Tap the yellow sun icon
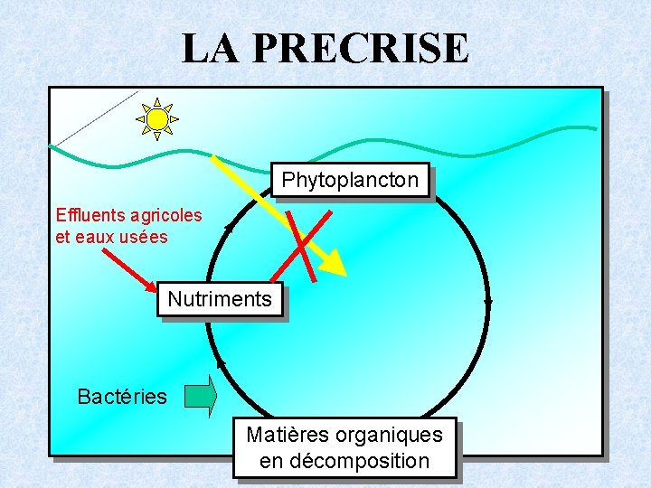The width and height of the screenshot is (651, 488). tap(157, 118)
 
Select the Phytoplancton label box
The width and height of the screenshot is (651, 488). tap(350, 180)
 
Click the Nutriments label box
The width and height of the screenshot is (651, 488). tap(220, 299)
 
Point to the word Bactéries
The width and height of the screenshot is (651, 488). tap(122, 397)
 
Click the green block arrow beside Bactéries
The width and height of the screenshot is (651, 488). tap(201, 397)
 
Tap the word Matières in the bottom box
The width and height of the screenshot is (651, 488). tap(287, 435)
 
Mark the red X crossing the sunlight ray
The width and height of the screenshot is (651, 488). tap(308, 244)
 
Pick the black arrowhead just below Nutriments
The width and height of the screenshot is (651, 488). tap(220, 364)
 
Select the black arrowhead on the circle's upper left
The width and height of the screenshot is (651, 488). tap(229, 227)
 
